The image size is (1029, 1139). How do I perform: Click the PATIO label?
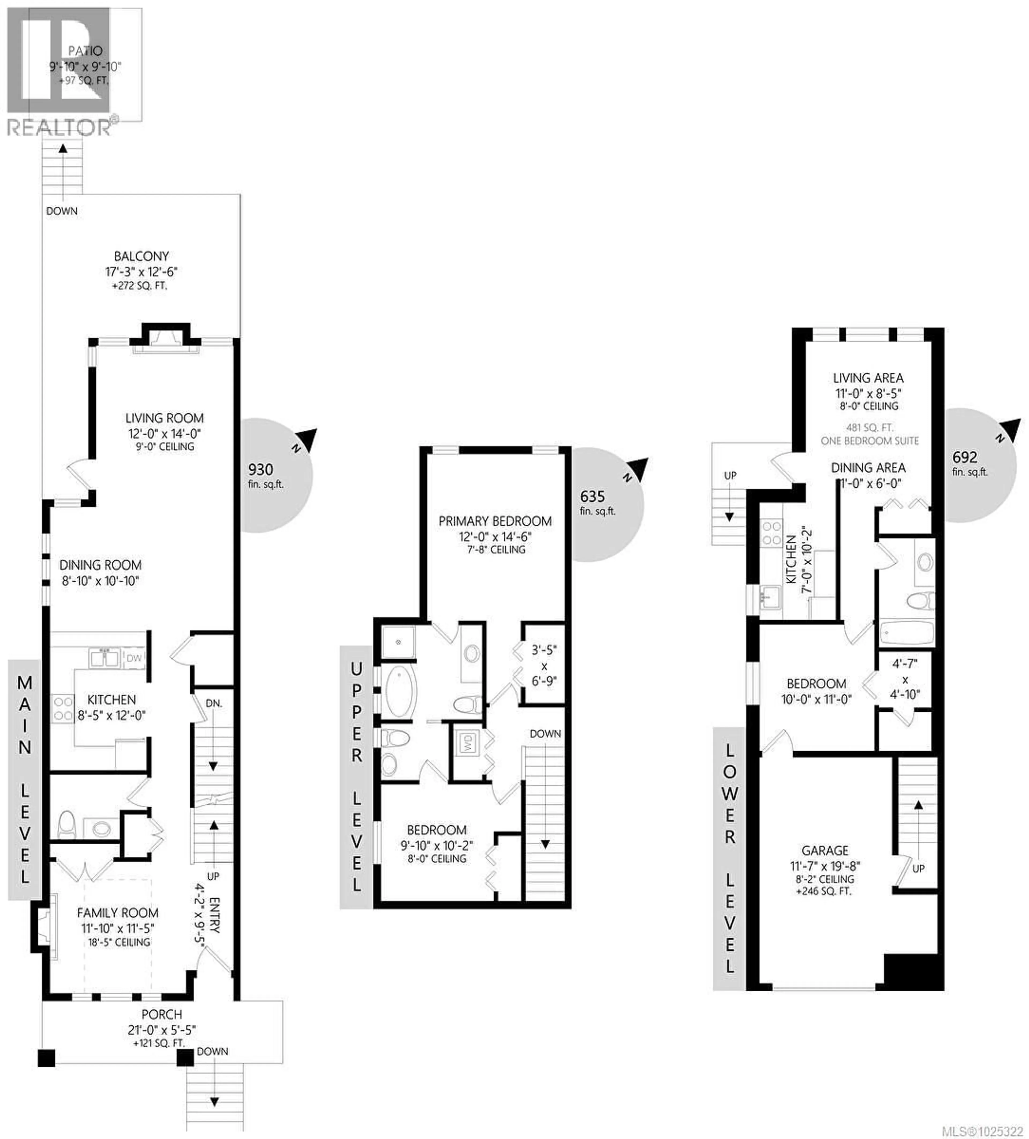click(85, 51)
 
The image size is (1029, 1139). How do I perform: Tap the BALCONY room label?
click(141, 256)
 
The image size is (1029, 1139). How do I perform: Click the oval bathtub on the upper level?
click(401, 692)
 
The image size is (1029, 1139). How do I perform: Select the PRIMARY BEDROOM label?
click(495, 521)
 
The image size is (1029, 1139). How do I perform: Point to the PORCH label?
click(162, 1014)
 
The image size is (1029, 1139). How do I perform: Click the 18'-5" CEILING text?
click(119, 942)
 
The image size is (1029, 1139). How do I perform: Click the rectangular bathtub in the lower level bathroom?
click(906, 633)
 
